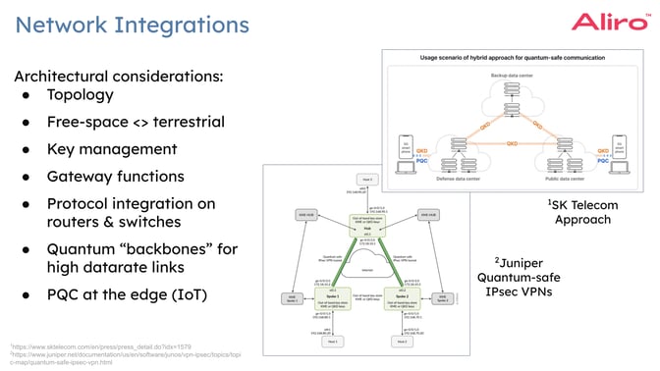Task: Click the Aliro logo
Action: [x=610, y=23]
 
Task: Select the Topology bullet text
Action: [x=80, y=95]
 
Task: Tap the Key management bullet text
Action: [x=112, y=149]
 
